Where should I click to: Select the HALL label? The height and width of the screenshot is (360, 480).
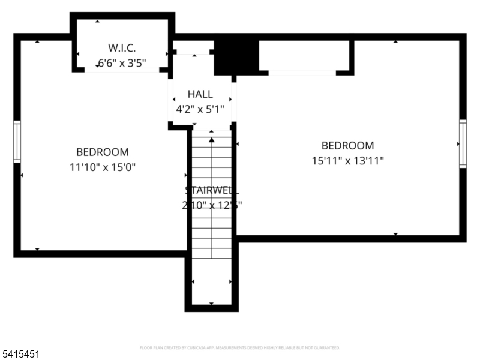pos(200,94)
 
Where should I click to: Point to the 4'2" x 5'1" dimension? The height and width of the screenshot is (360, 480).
pos(200,109)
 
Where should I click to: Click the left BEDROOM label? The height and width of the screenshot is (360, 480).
pos(102,152)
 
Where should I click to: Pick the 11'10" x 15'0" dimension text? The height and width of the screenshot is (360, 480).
pos(102,167)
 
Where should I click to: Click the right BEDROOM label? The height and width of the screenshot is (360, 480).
pos(347,145)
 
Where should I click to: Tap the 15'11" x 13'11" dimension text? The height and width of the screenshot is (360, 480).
pos(347,160)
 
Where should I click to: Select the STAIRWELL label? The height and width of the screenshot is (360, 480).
pos(212,190)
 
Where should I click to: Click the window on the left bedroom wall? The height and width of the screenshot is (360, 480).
pos(17,141)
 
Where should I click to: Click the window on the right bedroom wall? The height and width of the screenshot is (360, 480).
pos(463,143)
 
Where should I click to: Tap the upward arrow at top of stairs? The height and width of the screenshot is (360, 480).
pos(211,140)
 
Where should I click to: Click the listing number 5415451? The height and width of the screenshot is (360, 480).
pos(22,355)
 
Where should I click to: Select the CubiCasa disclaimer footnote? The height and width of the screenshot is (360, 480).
pos(240,347)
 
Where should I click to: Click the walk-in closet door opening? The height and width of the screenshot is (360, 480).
pos(122,70)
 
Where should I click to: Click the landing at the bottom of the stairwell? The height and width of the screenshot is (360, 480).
pos(211,285)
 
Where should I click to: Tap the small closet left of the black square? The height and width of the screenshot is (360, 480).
pos(193,47)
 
